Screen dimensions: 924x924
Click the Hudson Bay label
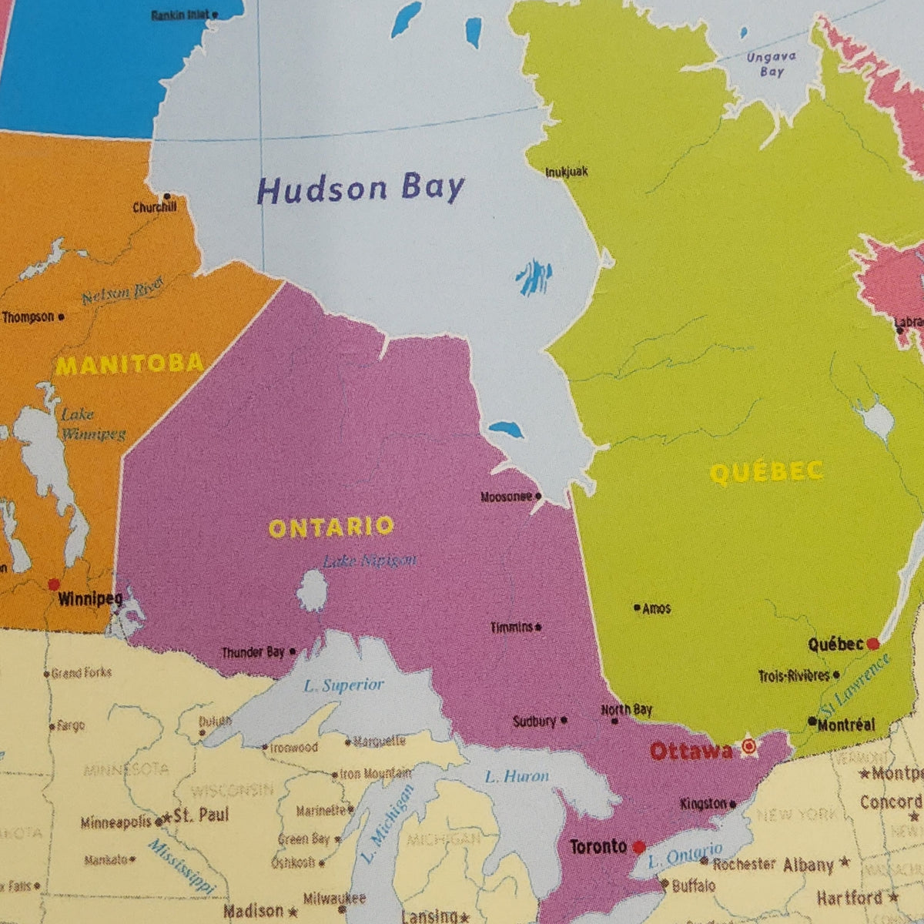[360, 189]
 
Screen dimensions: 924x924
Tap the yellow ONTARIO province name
[330, 527]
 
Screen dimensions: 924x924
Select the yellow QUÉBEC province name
[766, 472]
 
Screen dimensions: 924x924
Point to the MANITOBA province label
[129, 363]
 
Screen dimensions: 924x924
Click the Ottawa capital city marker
[748, 745]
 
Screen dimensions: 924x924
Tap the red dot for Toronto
[638, 847]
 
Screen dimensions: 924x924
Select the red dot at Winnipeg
[54, 584]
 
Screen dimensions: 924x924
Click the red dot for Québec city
[872, 643]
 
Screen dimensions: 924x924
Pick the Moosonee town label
[506, 497]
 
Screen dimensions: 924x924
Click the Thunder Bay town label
[253, 652]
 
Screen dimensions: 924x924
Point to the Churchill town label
[155, 207]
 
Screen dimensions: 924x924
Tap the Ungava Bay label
[771, 64]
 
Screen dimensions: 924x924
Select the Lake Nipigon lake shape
[313, 591]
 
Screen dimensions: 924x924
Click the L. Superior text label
[343, 685]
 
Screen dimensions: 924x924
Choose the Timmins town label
[511, 628]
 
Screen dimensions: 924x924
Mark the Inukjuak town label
[566, 172]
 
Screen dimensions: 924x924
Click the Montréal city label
[845, 724]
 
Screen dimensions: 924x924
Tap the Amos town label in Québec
[656, 608]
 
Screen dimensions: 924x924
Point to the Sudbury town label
[534, 721]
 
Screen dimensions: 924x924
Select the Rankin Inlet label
[180, 15]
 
